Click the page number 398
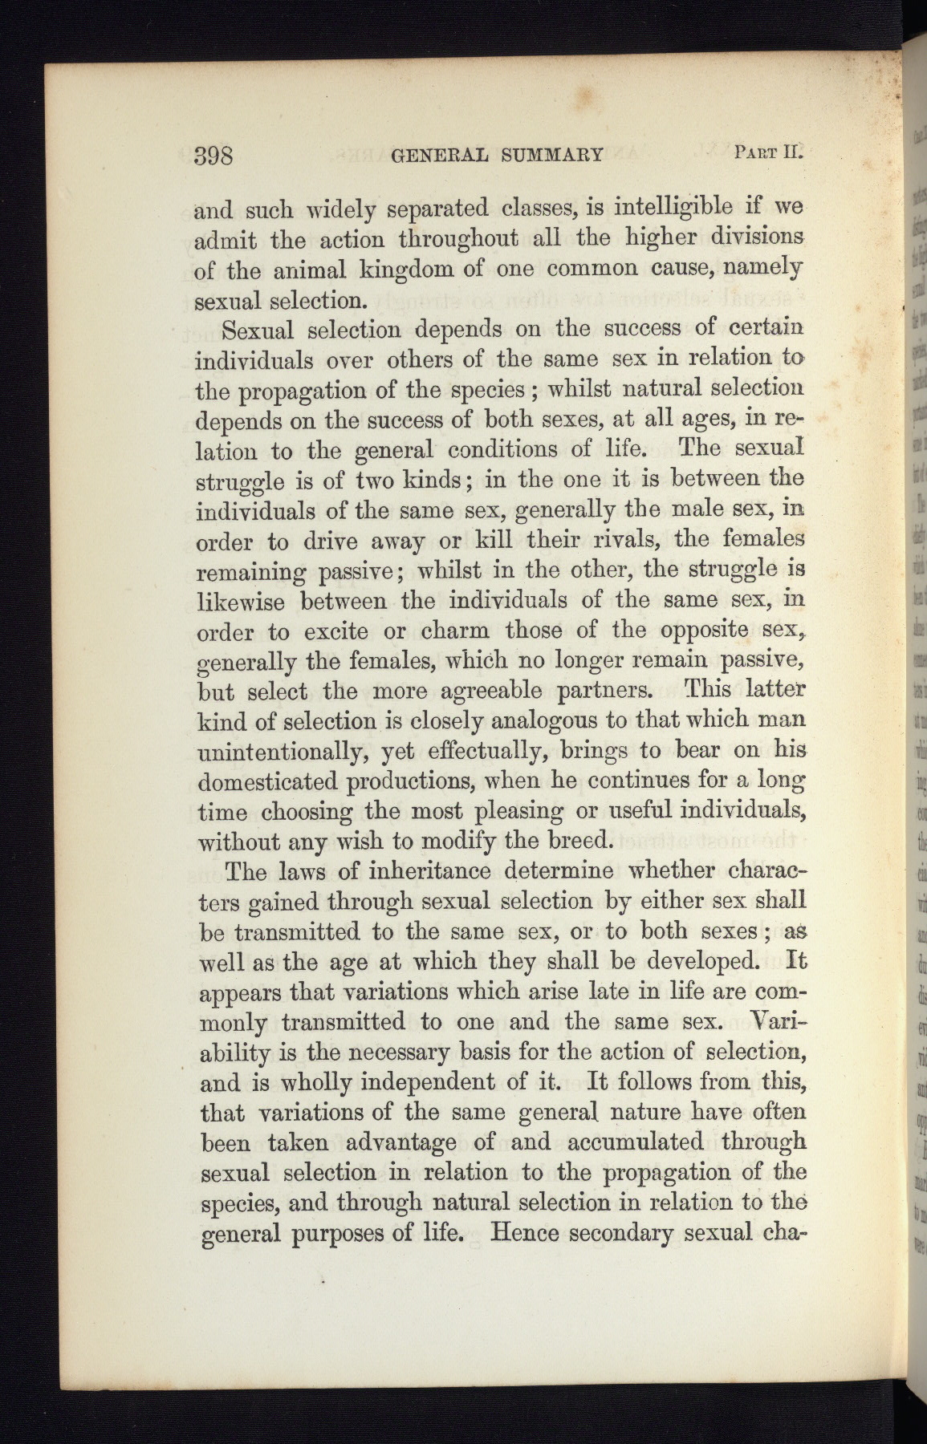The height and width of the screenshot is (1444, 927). point(214,155)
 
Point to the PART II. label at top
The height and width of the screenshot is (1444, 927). point(768,151)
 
